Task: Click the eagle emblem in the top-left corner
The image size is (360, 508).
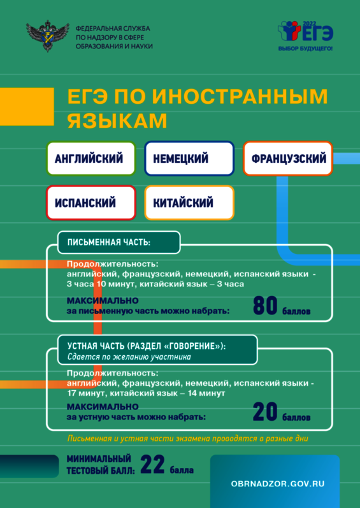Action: (x=47, y=36)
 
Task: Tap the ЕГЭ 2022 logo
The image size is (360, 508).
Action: (x=305, y=31)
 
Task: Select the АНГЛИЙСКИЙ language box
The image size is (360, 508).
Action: (x=91, y=159)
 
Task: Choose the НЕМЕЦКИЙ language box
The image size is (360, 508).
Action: (x=189, y=159)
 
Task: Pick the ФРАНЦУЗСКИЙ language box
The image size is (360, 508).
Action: (x=288, y=159)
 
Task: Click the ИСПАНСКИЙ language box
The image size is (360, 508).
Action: (x=91, y=203)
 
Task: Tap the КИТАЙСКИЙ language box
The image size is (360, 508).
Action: (x=189, y=203)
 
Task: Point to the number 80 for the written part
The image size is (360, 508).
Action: (x=265, y=306)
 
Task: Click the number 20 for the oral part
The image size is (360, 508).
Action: (x=265, y=413)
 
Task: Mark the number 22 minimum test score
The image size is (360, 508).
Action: (x=153, y=465)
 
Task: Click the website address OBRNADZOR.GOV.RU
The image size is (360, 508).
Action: (x=278, y=484)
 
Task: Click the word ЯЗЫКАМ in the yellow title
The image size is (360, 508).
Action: (x=117, y=120)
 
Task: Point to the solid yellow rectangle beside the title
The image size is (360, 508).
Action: (x=27, y=106)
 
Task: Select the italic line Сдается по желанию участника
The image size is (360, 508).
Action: (x=129, y=357)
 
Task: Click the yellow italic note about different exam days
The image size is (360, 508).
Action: (x=187, y=439)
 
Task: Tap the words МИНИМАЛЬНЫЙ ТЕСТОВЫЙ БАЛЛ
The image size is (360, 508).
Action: (x=101, y=465)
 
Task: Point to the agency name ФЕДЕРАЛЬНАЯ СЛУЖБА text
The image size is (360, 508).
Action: (x=113, y=29)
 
